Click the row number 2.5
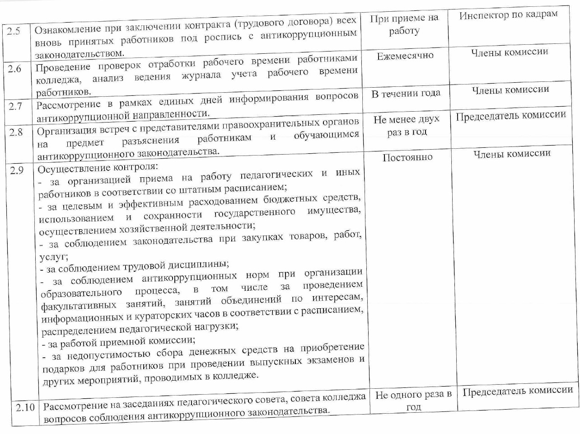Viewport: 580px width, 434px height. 14,33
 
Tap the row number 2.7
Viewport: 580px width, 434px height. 16,107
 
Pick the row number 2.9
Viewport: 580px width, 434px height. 17,171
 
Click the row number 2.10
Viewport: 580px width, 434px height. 25,407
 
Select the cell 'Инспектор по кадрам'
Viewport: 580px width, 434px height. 508,15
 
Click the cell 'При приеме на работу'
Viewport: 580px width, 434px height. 404,24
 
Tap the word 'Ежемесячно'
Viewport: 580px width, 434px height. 405,56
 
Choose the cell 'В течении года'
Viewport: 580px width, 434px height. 406,94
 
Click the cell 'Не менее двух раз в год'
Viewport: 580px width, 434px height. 407,126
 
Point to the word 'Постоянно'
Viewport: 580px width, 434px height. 407,158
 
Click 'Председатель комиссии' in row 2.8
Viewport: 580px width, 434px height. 510,116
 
